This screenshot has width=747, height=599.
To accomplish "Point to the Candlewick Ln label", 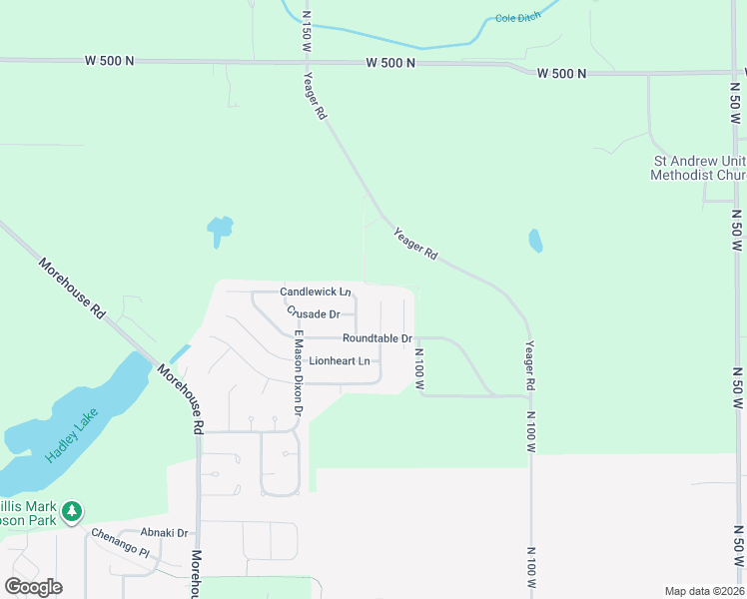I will click(315, 292).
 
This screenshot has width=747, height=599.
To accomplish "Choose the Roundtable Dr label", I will click(377, 338).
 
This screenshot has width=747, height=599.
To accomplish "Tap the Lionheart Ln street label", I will click(340, 360).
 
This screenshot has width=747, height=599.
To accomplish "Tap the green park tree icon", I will click(71, 512).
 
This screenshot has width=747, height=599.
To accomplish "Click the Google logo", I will click(33, 587).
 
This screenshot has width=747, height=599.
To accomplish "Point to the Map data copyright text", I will click(704, 591).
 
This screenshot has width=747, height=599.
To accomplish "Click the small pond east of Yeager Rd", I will click(535, 241).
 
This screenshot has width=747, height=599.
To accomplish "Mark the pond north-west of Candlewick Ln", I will click(219, 231).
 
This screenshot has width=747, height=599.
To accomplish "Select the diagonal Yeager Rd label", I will click(415, 244).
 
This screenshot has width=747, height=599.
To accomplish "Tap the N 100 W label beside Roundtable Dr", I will click(419, 368).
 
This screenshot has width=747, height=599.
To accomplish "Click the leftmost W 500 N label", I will click(110, 61).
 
